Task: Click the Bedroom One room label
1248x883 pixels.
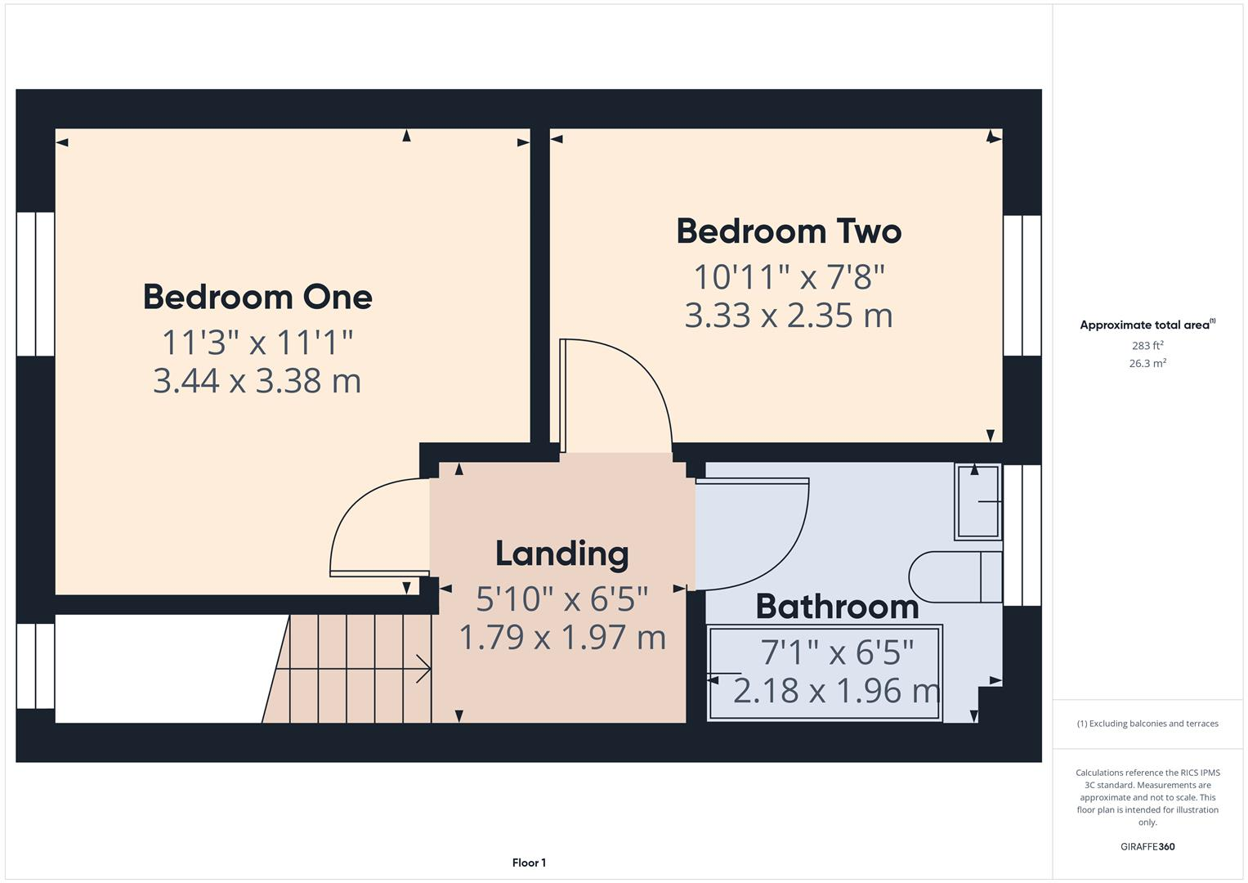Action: click(257, 297)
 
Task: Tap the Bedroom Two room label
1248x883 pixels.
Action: click(789, 231)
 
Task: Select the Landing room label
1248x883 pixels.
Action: click(562, 554)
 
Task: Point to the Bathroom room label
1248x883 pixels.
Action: click(837, 607)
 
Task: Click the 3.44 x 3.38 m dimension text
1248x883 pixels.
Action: click(257, 381)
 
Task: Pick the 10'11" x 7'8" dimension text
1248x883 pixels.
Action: click(789, 277)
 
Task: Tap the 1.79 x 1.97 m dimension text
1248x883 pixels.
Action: click(562, 637)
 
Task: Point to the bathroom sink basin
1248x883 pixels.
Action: click(977, 501)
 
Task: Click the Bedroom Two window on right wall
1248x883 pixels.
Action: click(1022, 285)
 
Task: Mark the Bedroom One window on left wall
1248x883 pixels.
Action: click(35, 284)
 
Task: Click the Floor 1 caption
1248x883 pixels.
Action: click(529, 863)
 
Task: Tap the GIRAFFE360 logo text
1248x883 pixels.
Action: click(1147, 846)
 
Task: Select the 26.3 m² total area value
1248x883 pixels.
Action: click(1147, 363)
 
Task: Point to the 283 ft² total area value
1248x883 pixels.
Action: click(1147, 345)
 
